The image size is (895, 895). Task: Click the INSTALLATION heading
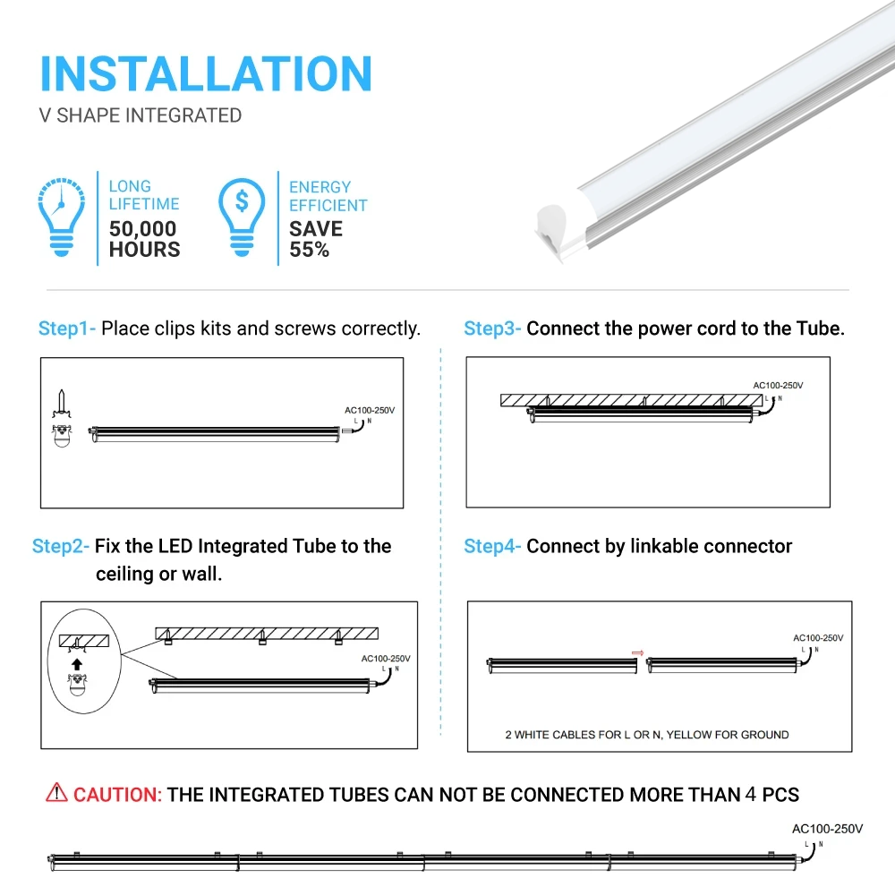206,73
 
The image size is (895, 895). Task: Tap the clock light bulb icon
62,218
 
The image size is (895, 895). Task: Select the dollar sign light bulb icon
242,218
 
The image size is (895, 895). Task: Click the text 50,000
143,229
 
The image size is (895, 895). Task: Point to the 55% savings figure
310,250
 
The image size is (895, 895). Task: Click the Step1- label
67,328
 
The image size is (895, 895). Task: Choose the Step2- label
61,546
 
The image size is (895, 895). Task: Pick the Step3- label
492,328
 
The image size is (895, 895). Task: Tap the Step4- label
492,546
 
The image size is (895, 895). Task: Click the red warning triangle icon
56,792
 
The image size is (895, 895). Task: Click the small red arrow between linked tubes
637,652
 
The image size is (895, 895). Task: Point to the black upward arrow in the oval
77,664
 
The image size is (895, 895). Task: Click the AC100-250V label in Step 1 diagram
370,410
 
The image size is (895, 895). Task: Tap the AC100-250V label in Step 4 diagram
818,638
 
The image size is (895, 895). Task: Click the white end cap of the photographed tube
551,223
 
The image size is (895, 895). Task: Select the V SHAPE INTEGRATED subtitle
141,115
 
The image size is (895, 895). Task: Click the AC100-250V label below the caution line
828,829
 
